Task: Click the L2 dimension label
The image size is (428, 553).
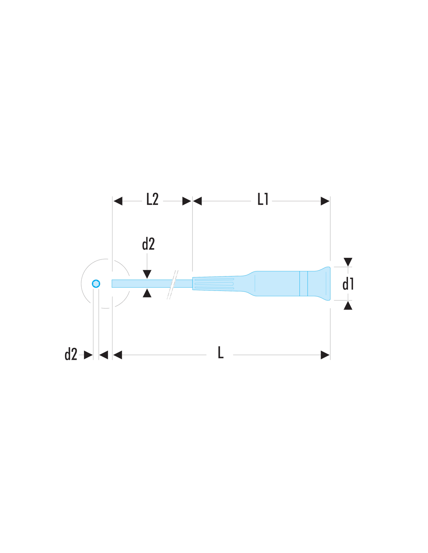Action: tap(152, 199)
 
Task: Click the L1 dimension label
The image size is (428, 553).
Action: tap(263, 199)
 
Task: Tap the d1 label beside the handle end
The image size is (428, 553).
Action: tap(348, 284)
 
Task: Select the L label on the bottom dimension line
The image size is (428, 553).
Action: tap(221, 353)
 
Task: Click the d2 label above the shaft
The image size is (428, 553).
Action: tap(148, 244)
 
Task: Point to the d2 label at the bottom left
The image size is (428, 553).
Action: tap(71, 354)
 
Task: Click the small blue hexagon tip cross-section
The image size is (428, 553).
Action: tap(96, 283)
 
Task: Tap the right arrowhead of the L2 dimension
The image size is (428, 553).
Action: tap(187, 201)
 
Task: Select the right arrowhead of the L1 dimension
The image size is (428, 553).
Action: tap(325, 201)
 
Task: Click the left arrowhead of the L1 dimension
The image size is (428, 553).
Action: tap(197, 201)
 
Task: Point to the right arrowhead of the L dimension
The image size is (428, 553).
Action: tap(325, 355)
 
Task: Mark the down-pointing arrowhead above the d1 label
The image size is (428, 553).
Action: tap(348, 262)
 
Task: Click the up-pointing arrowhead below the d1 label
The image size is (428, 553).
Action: tap(348, 305)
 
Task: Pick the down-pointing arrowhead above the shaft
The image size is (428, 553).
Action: tap(147, 274)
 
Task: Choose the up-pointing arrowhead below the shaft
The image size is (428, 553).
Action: tap(147, 293)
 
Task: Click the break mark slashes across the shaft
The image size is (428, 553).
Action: tap(172, 284)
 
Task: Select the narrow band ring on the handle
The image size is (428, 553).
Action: tap(303, 283)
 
